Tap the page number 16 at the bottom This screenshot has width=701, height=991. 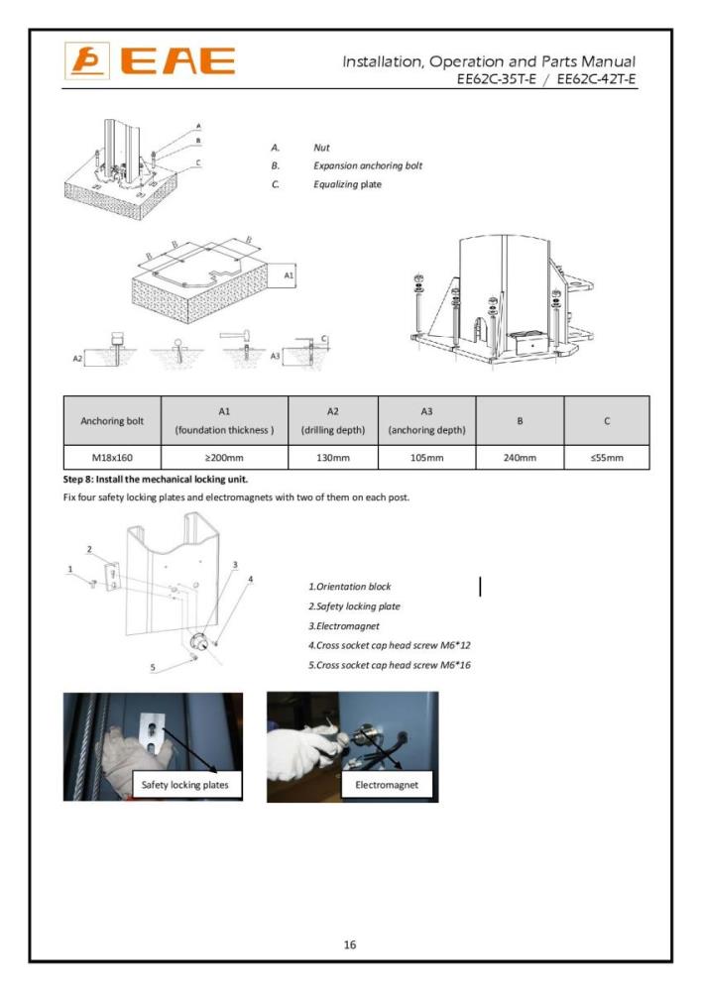coord(350,944)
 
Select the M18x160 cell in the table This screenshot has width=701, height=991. coord(111,458)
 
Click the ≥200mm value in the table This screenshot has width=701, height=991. coord(223,458)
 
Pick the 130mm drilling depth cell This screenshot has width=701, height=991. coord(332,458)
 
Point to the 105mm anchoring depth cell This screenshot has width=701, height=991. coord(425,458)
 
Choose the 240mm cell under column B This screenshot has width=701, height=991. coord(520,458)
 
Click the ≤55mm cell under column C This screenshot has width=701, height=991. coord(606,458)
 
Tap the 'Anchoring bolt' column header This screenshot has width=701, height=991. coord(111,420)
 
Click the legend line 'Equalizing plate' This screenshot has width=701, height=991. coord(347,184)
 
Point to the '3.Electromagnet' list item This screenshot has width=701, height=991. coord(346,625)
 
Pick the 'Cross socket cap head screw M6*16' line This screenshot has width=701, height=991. coord(390,664)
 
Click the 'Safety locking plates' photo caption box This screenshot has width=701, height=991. coord(184,784)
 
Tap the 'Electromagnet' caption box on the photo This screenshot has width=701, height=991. coord(387,784)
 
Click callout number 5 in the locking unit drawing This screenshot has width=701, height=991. coord(153,667)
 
